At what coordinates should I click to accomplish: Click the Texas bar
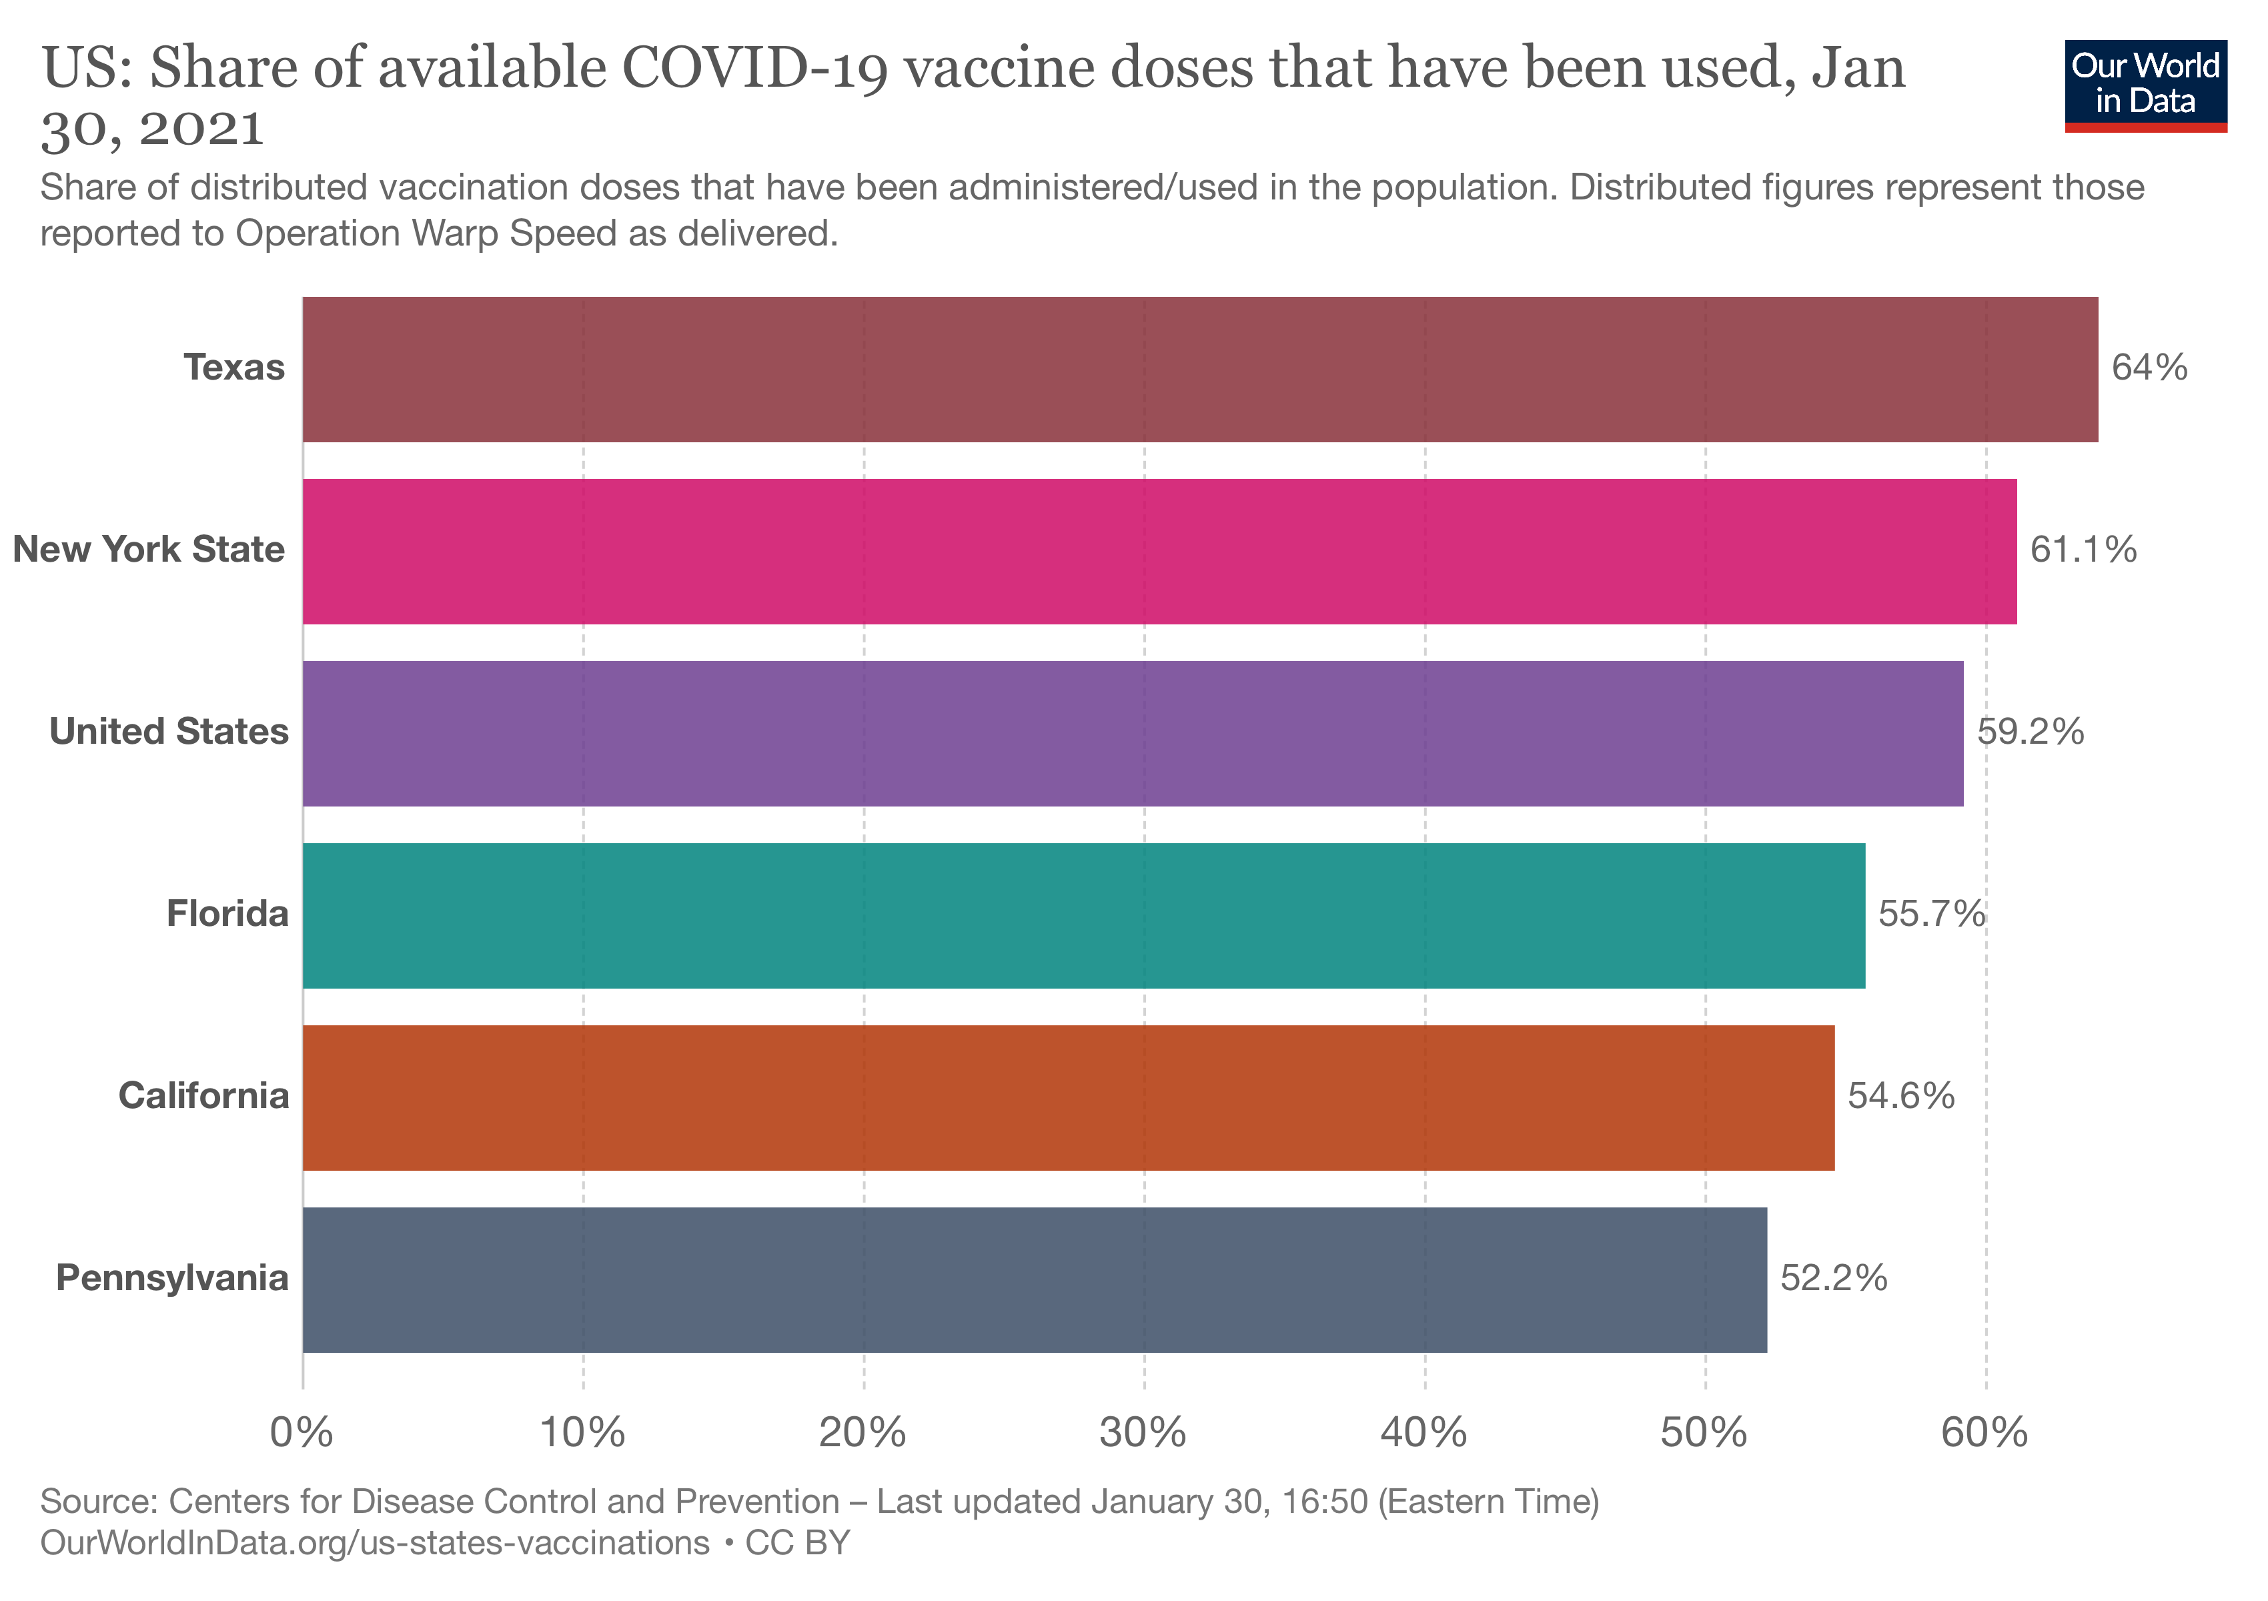coord(1199,370)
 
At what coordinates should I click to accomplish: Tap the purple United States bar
coord(1132,733)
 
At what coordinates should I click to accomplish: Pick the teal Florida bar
coord(1083,915)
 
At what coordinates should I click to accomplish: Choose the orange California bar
coord(1068,1097)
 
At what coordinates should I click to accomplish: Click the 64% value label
coord(2149,368)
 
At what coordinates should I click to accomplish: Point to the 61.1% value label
coord(2083,550)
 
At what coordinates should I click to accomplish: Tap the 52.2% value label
coord(1833,1279)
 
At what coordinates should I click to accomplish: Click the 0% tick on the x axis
coord(302,1432)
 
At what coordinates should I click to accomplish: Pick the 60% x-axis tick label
coord(1985,1432)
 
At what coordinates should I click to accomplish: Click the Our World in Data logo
coord(2145,85)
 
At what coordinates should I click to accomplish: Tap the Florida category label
coord(227,915)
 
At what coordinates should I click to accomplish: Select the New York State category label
coord(149,550)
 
